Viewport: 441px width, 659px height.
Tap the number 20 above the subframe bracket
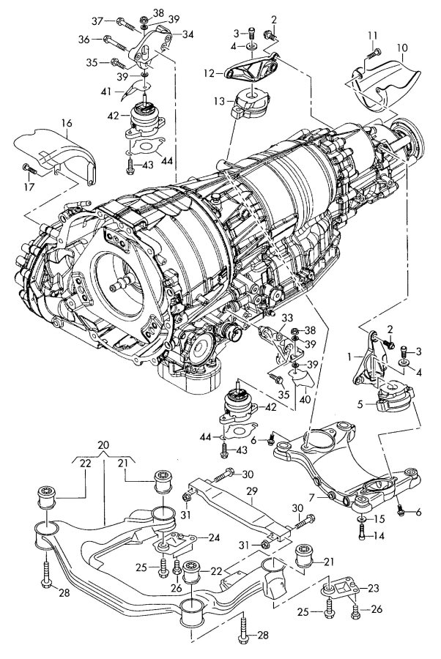[x=102, y=444]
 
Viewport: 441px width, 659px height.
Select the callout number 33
[x=286, y=317]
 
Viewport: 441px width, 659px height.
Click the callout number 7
[x=314, y=496]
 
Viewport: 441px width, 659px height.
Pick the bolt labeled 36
[x=111, y=40]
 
